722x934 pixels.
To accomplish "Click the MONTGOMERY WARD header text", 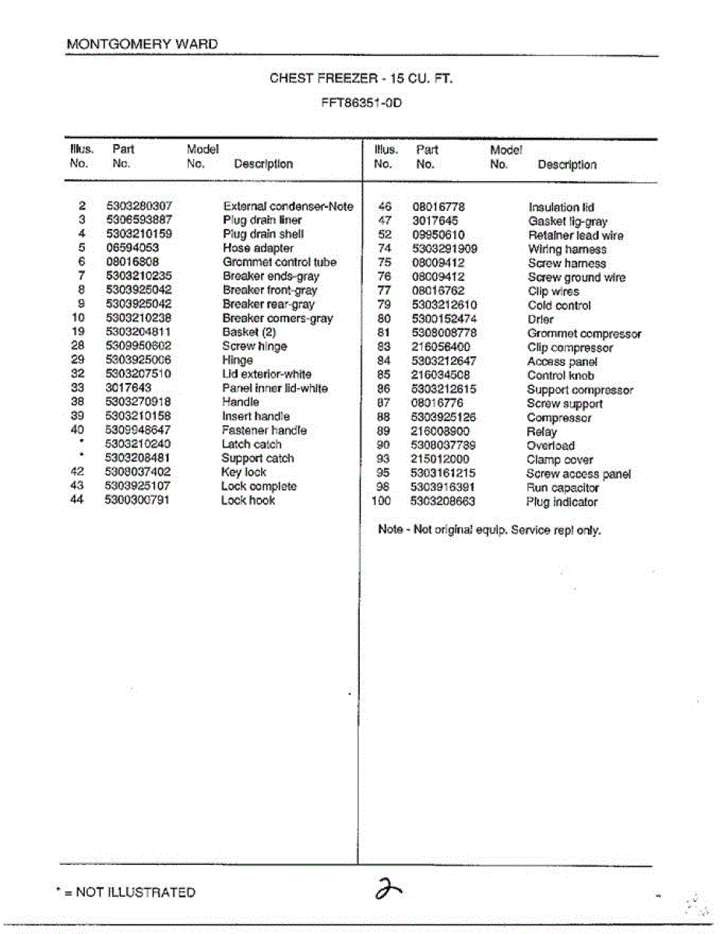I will (143, 44).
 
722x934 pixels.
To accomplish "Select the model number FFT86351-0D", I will (361, 102).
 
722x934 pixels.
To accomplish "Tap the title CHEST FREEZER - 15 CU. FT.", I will (361, 79).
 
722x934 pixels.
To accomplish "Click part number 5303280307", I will (138, 206).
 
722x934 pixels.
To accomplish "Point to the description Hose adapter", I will (258, 248).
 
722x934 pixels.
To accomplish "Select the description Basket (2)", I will (244, 332).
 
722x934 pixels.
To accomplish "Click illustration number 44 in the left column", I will (77, 500).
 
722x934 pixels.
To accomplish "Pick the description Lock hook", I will (248, 500).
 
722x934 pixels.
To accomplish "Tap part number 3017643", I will (129, 388).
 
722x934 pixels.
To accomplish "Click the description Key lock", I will (244, 472).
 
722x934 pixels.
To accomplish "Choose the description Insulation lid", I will (561, 207).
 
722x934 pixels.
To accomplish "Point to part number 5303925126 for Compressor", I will (444, 417).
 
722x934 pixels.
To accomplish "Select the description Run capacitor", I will (562, 488).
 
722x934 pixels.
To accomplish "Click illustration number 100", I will (381, 501).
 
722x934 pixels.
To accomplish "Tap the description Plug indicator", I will (562, 502).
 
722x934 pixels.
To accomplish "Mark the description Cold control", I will (558, 306).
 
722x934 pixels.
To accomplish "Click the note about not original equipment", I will (489, 530).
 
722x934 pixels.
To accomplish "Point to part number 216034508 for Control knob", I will (441, 375).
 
